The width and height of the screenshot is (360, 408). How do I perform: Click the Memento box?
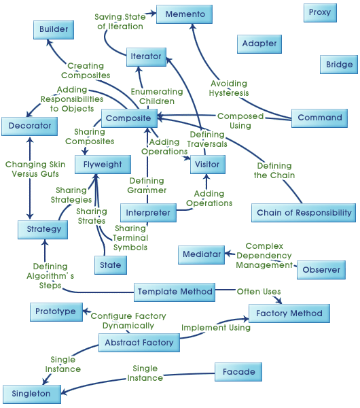pyautogui.click(x=185, y=14)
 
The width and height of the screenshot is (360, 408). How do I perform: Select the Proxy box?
pyautogui.click(x=320, y=12)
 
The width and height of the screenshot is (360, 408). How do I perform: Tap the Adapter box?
pyautogui.click(x=259, y=44)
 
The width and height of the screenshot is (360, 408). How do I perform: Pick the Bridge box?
pyautogui.click(x=339, y=64)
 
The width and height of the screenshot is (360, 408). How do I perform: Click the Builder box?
pyautogui.click(x=54, y=30)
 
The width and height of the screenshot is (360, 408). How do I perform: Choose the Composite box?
pyautogui.click(x=129, y=118)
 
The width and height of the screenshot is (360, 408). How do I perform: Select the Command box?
pyautogui.click(x=320, y=118)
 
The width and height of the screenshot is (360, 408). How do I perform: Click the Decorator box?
pyautogui.click(x=30, y=126)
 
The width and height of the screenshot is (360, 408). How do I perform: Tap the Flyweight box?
pyautogui.click(x=103, y=165)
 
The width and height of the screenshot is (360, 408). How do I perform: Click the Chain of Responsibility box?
pyautogui.click(x=304, y=213)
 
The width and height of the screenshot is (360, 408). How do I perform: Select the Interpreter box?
pyautogui.click(x=147, y=213)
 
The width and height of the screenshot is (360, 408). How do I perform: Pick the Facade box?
pyautogui.click(x=238, y=372)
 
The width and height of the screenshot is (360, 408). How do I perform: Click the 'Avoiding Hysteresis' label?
pyautogui.click(x=230, y=88)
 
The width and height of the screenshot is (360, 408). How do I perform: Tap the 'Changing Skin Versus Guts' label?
pyautogui.click(x=35, y=169)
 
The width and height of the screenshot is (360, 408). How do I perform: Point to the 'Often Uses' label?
pyautogui.click(x=258, y=292)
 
